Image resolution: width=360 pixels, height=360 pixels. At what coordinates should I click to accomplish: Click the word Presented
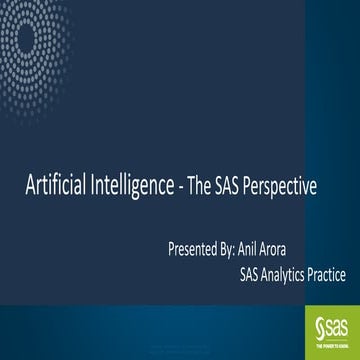coord(195,246)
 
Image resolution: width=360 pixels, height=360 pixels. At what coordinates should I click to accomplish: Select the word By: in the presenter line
coord(236,246)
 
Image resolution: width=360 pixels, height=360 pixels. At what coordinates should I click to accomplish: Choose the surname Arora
coord(298,246)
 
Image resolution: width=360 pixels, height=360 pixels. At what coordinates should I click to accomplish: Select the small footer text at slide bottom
coord(180,353)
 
